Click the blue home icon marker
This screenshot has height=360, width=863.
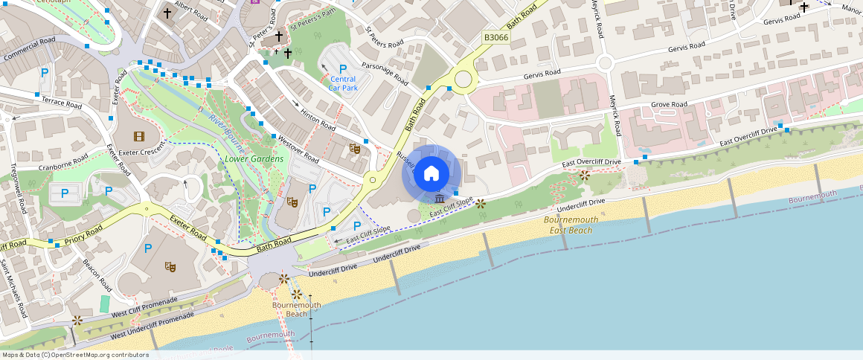pos(431,174)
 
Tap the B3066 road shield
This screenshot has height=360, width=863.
pos(496,36)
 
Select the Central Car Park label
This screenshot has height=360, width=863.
pos(343,83)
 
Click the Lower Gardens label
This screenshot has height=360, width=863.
pos(254,159)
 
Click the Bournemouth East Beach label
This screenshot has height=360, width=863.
pos(568,225)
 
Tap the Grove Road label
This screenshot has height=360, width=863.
pos(669,105)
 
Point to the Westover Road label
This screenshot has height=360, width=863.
pos(298,150)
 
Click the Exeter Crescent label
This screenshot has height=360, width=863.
pos(141,152)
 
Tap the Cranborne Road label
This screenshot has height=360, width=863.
pos(63,163)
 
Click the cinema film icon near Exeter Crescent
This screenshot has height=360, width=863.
pos(138,136)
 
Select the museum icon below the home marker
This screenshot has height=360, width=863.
pos(440,199)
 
